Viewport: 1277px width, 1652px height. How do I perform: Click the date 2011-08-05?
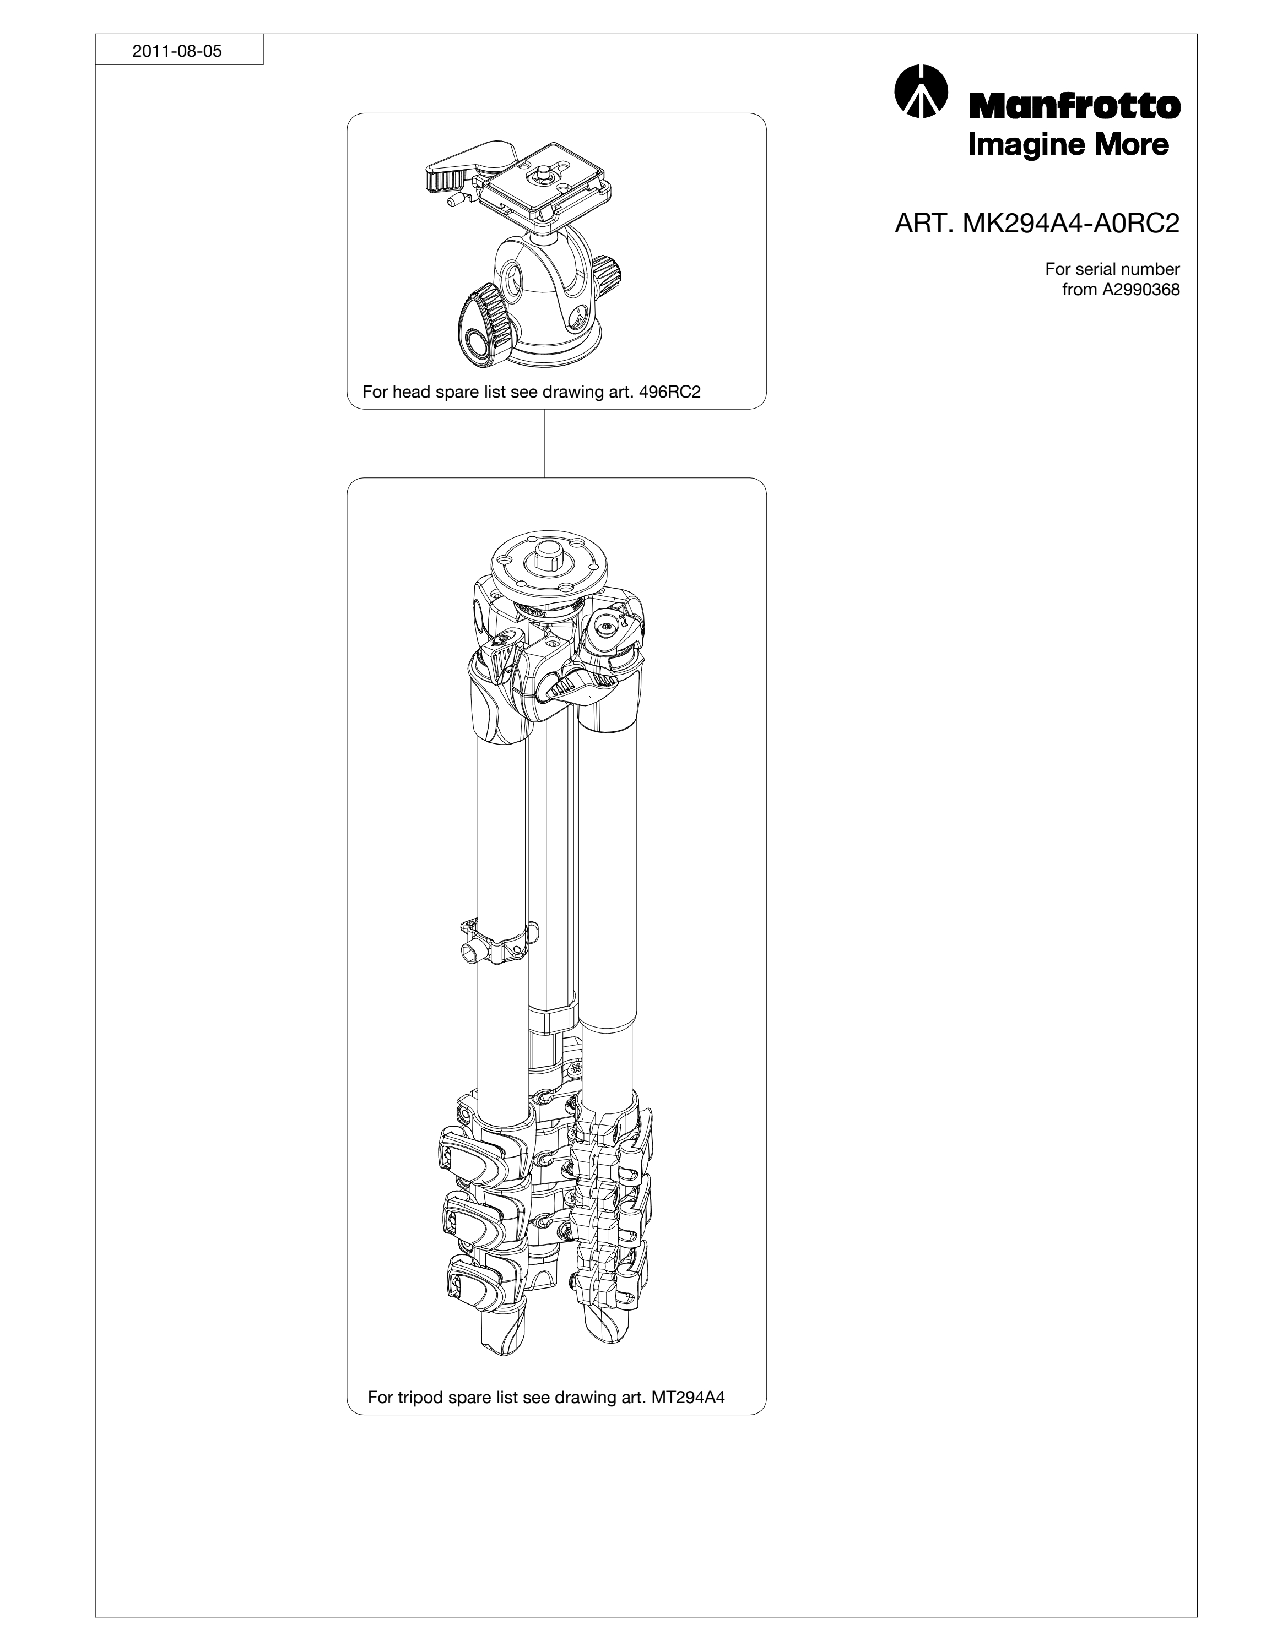pyautogui.click(x=177, y=51)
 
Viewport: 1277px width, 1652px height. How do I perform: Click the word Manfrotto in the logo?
pyautogui.click(x=1074, y=106)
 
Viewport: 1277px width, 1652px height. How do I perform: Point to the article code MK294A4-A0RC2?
pyautogui.click(x=1070, y=224)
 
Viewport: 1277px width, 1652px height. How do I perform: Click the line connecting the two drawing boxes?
pyautogui.click(x=545, y=443)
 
